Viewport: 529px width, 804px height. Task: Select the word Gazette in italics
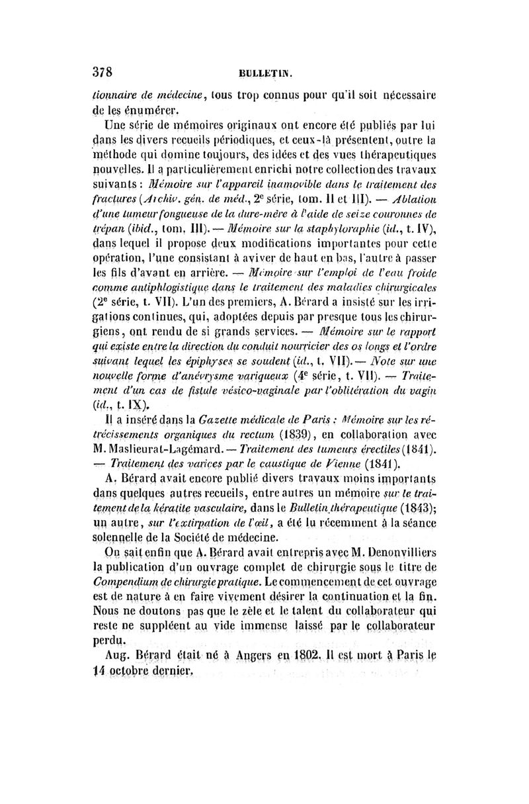tap(211, 419)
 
